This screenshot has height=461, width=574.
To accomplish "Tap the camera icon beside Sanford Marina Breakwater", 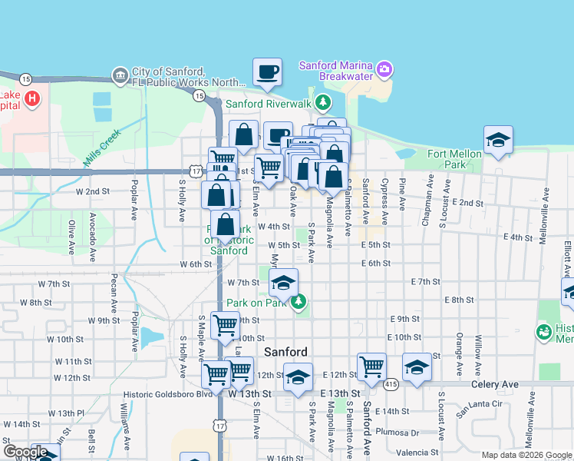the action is click(x=384, y=71).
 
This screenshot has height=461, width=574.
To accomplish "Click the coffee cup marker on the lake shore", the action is click(x=267, y=73).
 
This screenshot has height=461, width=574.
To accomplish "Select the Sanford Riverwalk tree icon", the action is click(x=324, y=102).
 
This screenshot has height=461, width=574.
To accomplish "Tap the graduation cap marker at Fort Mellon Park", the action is click(x=498, y=141).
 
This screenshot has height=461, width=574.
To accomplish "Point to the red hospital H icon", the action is click(x=32, y=99).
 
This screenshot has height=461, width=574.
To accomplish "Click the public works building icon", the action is click(x=120, y=75).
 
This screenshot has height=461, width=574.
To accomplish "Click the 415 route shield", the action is click(x=391, y=383).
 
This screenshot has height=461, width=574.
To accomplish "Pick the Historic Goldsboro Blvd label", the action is click(x=167, y=394).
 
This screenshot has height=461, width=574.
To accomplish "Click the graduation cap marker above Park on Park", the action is click(x=283, y=283).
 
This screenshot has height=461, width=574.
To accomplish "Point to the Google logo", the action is click(x=25, y=452).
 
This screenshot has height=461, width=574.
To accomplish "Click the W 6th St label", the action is click(x=196, y=264).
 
